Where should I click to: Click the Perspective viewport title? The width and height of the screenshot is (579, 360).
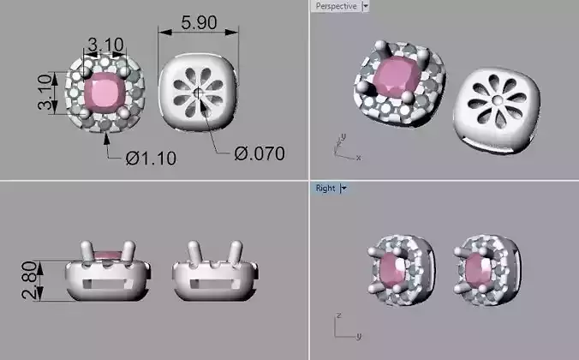tap(335, 6)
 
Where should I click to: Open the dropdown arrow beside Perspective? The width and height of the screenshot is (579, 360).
tap(367, 6)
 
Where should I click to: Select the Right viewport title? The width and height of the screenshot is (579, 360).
tap(325, 188)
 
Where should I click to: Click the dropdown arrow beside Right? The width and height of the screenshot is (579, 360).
tap(343, 188)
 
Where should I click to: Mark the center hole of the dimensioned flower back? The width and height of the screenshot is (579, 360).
tap(198, 91)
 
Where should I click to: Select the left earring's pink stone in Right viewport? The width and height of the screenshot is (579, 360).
tap(394, 273)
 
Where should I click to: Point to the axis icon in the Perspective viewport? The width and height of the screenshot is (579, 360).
tap(343, 147)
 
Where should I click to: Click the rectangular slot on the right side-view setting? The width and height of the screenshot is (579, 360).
tap(211, 279)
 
